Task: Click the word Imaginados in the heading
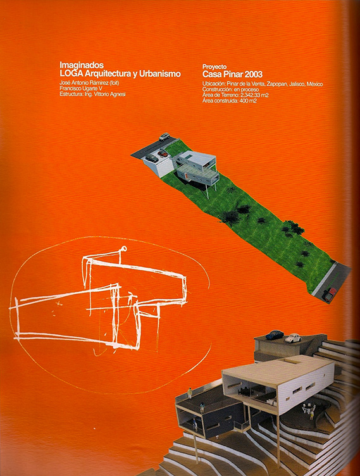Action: pos(82,65)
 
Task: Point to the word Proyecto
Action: pos(214,67)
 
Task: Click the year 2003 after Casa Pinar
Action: pos(254,74)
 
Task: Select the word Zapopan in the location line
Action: pos(277,84)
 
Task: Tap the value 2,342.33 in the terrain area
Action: pos(249,96)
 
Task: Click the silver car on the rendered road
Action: pos(164,136)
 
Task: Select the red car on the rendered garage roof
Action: pos(163,153)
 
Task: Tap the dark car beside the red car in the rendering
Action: pos(151,158)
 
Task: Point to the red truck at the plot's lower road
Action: pos(329,294)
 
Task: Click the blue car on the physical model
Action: pos(275,334)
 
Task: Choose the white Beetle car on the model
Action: pos(293,338)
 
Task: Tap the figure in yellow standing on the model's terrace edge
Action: pos(190,393)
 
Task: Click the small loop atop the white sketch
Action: pos(124,249)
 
